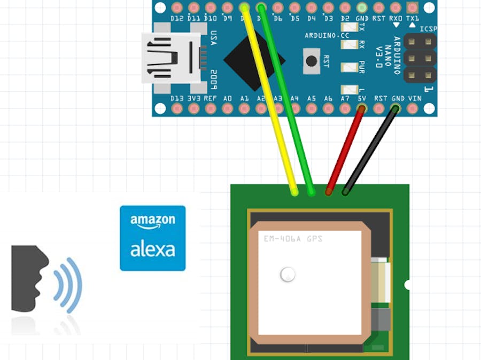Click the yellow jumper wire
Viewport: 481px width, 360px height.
[x=270, y=101]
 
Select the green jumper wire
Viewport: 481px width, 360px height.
[x=286, y=101]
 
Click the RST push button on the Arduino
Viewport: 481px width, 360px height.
[x=311, y=61]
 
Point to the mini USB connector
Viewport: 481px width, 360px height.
[x=171, y=58]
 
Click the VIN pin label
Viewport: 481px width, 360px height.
[x=415, y=99]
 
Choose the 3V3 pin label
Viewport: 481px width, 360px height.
[x=193, y=99]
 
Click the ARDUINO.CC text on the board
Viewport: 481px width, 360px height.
[x=326, y=35]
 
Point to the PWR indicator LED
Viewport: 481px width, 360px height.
[x=350, y=68]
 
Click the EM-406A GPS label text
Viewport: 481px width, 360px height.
[x=293, y=239]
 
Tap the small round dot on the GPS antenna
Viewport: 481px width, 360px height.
[x=288, y=275]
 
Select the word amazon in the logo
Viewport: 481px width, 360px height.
[x=153, y=221]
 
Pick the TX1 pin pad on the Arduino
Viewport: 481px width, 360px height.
[x=412, y=7]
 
